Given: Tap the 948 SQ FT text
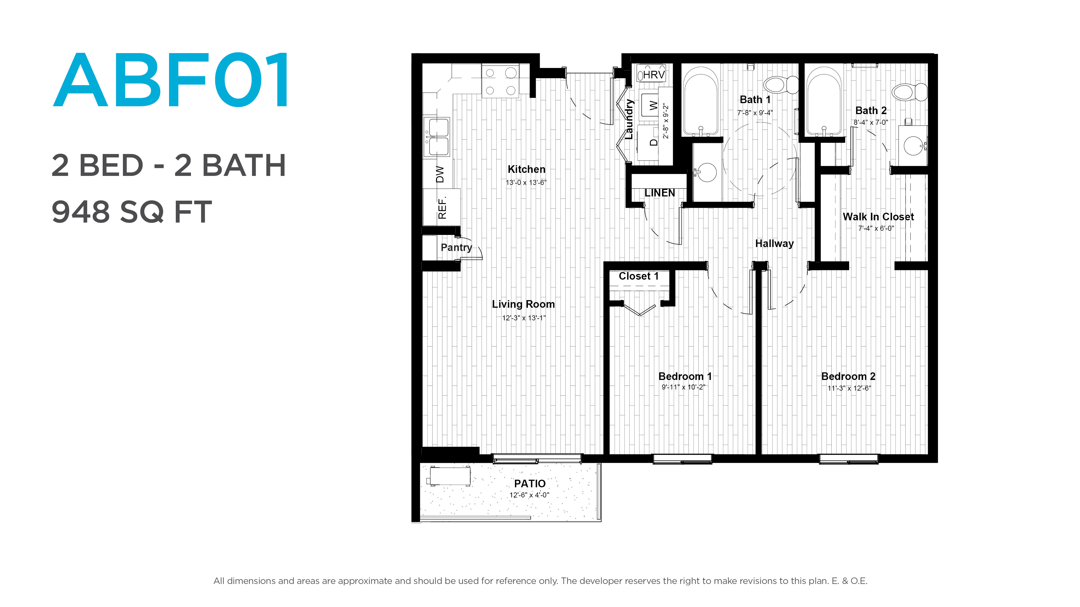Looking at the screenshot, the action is tap(132, 212).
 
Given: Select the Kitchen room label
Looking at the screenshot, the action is tap(526, 169).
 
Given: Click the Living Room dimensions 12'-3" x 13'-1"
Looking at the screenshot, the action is tap(524, 318).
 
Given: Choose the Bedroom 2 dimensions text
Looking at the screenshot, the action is tap(849, 388).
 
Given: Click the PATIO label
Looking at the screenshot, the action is tap(530, 483).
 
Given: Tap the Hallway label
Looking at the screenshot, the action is tap(774, 243).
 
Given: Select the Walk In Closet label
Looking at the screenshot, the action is tap(878, 217).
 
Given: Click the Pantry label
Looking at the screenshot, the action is tap(456, 248).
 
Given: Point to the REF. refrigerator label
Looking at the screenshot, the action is tap(442, 207).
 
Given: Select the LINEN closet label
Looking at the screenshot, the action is tap(660, 193).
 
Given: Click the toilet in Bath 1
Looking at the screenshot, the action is tap(781, 85).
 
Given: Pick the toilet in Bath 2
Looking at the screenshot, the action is tap(909, 92).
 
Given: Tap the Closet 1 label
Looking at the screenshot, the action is tap(638, 276).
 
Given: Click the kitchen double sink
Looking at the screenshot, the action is tap(437, 137).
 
